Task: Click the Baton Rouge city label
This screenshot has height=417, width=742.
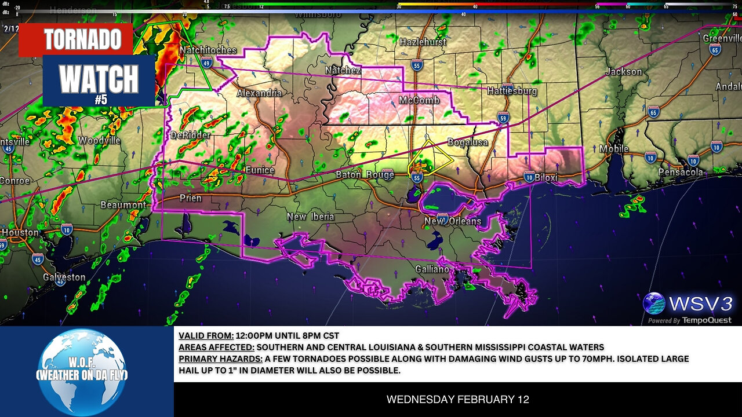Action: point(365,174)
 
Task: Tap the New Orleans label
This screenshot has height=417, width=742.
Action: point(452,221)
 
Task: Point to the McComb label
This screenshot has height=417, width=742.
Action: point(419,100)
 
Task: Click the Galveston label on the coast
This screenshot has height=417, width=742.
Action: point(64,277)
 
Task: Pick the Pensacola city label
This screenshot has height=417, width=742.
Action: point(681,172)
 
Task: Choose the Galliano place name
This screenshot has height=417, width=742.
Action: point(432,269)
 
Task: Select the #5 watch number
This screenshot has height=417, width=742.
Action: point(101,99)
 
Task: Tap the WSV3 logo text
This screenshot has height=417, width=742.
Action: point(700,303)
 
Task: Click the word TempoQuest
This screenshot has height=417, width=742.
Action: point(707,320)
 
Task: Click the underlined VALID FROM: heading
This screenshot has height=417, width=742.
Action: point(206,335)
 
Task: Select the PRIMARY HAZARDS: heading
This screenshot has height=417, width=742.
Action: point(220,359)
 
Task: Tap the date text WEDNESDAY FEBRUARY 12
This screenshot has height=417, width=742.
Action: point(457,399)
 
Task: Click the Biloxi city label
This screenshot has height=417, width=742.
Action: point(545,177)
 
